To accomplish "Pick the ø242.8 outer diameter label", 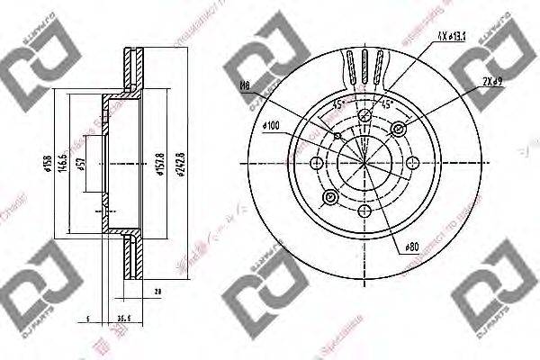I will click(180, 165).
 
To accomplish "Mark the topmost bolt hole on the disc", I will click(364, 116).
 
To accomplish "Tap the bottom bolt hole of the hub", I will click(364, 211).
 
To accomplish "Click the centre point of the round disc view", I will click(364, 163).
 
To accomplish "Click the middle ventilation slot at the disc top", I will click(364, 66).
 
